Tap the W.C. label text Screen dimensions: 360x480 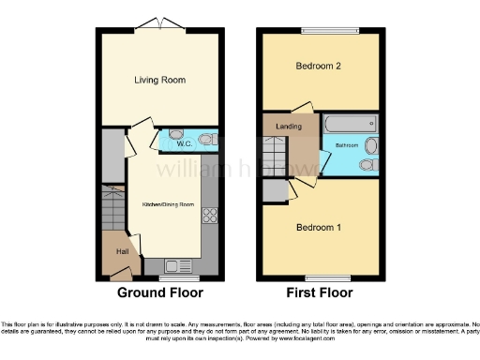(184, 143)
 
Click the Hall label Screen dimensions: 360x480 (122, 250)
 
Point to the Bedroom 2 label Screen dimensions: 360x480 (320, 67)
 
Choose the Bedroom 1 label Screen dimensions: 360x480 (320, 228)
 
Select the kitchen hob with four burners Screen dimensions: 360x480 (209, 216)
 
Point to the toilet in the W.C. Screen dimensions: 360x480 (208, 140)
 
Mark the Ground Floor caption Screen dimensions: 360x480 (159, 292)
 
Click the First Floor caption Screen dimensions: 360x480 (320, 292)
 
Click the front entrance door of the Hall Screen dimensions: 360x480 (121, 274)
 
